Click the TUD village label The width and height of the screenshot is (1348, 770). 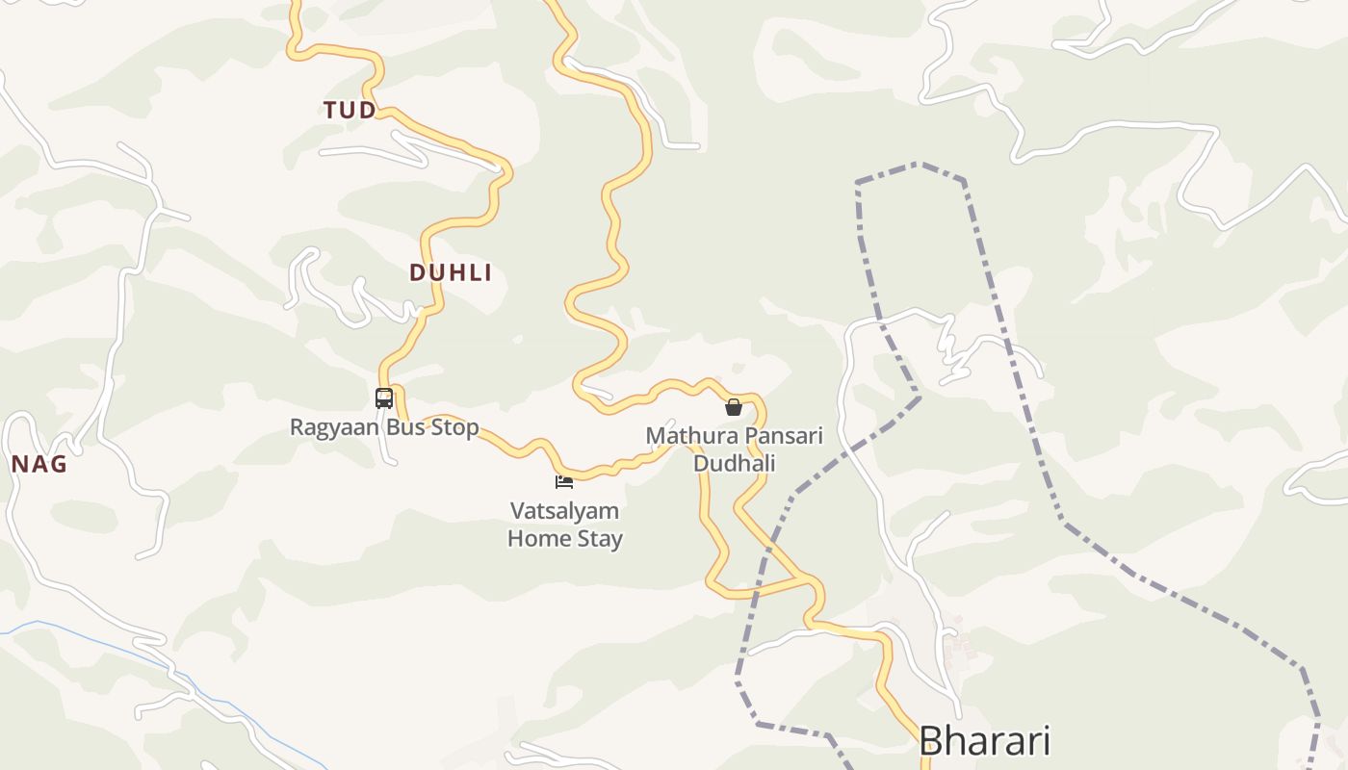(350, 111)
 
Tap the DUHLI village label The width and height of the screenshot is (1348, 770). (451, 273)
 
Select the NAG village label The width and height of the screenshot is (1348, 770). (39, 465)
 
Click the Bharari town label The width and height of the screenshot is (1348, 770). (983, 741)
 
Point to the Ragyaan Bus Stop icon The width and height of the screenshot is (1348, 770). (384, 398)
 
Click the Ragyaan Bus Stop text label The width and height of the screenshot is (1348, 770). (384, 427)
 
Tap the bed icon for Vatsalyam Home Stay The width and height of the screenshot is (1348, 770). (564, 481)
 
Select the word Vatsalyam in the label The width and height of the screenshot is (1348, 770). (565, 511)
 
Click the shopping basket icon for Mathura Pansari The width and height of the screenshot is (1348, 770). (734, 407)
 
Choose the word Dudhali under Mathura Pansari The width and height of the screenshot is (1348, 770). (735, 464)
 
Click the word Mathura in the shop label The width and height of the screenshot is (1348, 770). (685, 436)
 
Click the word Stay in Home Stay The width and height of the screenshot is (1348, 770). (600, 539)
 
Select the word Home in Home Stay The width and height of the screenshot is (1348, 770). (539, 539)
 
